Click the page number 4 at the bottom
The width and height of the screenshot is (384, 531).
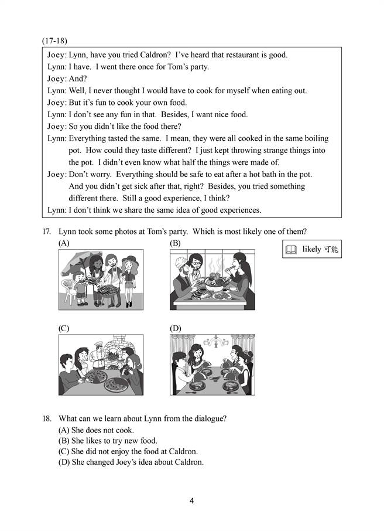(x=191, y=501)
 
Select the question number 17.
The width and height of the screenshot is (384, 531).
(x=46, y=232)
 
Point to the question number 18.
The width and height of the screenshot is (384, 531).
(x=46, y=418)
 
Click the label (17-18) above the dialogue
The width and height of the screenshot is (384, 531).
(x=54, y=40)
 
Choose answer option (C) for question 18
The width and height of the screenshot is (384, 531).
(x=128, y=451)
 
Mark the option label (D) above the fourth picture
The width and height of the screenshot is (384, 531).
(x=175, y=328)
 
